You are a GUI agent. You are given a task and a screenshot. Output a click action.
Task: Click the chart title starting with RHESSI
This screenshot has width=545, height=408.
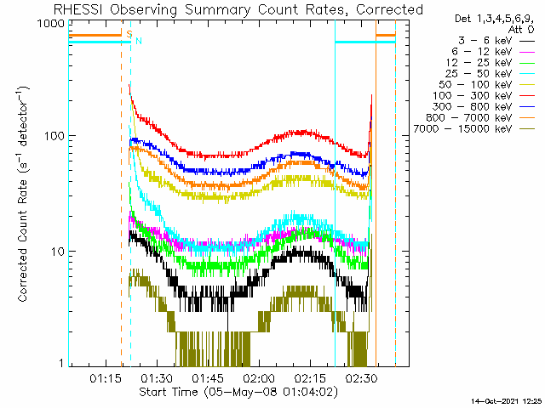pyautogui.click(x=238, y=9)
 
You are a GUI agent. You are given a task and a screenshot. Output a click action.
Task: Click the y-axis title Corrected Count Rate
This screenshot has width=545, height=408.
pyautogui.click(x=23, y=195)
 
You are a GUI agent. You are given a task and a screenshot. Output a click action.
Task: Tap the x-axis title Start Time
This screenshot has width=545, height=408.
pyautogui.click(x=238, y=392)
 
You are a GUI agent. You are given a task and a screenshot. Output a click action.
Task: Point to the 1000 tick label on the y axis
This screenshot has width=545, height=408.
pyautogui.click(x=51, y=23)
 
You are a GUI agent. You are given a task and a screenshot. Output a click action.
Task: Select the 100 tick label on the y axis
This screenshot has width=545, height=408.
pyautogui.click(x=54, y=136)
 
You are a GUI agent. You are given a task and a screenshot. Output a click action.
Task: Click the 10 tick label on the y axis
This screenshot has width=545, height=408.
pyautogui.click(x=58, y=252)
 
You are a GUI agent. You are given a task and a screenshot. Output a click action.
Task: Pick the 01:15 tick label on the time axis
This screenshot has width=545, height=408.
pyautogui.click(x=106, y=378)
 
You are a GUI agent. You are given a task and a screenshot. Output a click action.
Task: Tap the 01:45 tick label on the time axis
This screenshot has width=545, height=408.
pyautogui.click(x=208, y=378)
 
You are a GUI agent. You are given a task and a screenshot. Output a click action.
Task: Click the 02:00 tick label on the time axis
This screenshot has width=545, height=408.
pyautogui.click(x=259, y=378)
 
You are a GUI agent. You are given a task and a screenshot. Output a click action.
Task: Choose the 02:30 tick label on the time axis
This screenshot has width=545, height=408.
pyautogui.click(x=361, y=378)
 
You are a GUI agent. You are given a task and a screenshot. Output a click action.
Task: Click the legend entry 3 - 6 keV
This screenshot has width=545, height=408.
pyautogui.click(x=496, y=41)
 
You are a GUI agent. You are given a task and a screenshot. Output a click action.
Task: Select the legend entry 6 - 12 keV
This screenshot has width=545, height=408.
pyautogui.click(x=493, y=52)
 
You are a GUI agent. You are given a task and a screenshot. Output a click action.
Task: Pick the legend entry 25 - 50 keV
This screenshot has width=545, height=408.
pyautogui.click(x=490, y=74)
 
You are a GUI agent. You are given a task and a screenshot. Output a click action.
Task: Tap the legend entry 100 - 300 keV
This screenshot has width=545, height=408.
pyautogui.click(x=484, y=96)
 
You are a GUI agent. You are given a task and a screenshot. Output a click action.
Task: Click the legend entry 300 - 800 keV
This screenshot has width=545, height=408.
pyautogui.click(x=484, y=107)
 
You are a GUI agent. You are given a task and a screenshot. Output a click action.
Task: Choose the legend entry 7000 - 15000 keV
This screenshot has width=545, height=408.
pyautogui.click(x=474, y=129)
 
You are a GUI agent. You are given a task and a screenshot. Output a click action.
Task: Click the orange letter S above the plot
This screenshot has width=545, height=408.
pyautogui.click(x=129, y=34)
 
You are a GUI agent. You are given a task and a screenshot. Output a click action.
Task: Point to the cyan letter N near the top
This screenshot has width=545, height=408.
pyautogui.click(x=139, y=41)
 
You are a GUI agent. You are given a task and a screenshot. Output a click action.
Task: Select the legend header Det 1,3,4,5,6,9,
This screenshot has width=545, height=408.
pyautogui.click(x=494, y=19)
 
